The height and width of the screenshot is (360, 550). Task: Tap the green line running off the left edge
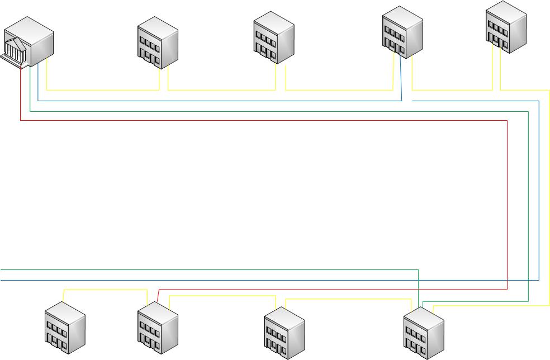click(168, 269)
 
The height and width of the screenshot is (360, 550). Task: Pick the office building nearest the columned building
click(158, 43)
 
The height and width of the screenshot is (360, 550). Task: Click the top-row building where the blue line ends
click(402, 32)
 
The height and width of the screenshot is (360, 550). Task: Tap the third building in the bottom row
click(284, 333)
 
